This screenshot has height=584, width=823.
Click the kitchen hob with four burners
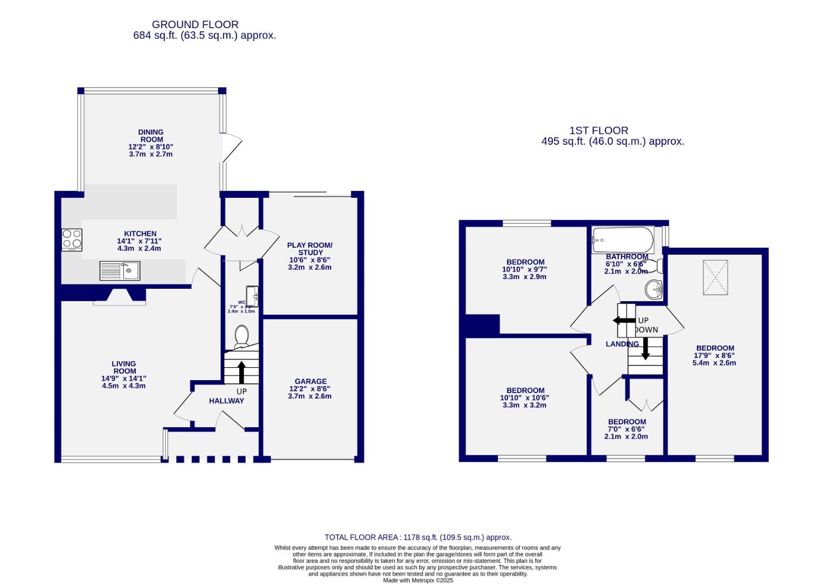(72, 240)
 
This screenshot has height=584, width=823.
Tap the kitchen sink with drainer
(120, 270)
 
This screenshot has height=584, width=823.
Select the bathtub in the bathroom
(623, 240)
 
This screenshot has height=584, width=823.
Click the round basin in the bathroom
(654, 289)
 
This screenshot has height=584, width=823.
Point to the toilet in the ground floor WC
(241, 336)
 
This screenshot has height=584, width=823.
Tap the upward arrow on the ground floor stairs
(241, 372)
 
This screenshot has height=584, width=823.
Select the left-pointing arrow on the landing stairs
(624, 321)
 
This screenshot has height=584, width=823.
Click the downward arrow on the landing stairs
(645, 349)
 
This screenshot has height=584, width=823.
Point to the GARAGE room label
(311, 381)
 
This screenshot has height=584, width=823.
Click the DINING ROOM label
(150, 136)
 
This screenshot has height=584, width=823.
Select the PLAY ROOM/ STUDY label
(310, 249)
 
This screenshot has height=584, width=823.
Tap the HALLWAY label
(227, 401)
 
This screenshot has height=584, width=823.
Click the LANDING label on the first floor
(622, 344)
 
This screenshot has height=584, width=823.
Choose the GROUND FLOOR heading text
(195, 24)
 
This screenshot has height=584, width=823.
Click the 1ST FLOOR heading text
(598, 130)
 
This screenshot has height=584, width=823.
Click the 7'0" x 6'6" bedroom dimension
(627, 429)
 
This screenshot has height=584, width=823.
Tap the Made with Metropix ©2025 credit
(418, 580)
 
